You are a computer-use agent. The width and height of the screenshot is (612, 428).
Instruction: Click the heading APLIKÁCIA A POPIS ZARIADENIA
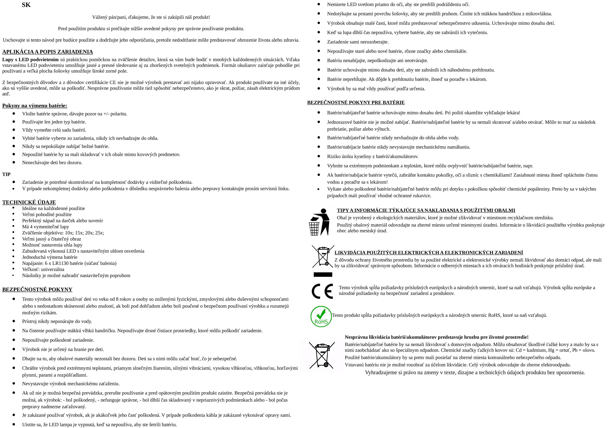tap(47, 52)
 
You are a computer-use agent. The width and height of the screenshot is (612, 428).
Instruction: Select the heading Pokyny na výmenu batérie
tap(35, 106)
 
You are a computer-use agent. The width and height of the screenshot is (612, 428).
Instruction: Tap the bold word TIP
tap(6, 174)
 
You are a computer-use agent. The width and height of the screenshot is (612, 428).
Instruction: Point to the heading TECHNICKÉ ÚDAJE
tap(29, 202)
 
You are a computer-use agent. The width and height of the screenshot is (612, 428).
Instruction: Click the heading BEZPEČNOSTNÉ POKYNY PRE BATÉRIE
tap(356, 102)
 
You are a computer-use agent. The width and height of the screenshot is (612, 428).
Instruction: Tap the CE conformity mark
tap(322, 291)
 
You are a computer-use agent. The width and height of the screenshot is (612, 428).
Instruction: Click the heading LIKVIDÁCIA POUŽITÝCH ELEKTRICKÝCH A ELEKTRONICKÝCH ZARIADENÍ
tap(429, 253)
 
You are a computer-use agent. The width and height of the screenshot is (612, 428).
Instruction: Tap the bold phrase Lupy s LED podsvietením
tap(30, 60)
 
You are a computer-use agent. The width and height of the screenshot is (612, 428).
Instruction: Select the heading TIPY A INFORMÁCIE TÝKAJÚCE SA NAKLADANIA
tap(426, 210)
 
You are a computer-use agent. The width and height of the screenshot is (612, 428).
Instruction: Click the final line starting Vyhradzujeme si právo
tap(475, 372)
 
